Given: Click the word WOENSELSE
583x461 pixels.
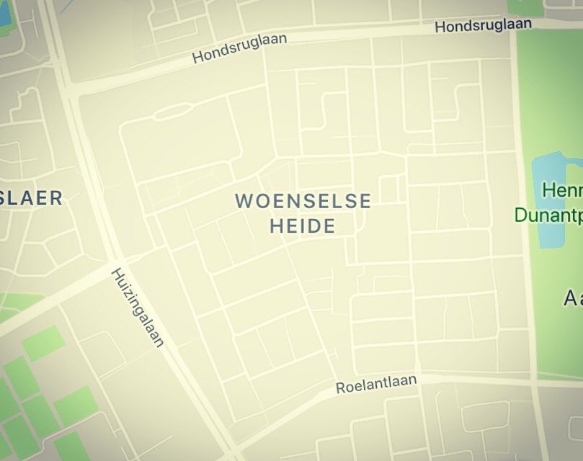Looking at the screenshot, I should (303, 201).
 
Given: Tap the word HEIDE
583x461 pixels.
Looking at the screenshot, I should (303, 226).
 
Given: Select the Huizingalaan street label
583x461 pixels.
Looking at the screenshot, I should (138, 308).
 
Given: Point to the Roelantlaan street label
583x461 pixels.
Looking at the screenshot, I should (376, 384).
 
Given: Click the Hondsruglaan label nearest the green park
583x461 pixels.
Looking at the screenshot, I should (483, 25).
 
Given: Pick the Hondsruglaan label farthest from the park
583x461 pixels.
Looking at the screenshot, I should (240, 48).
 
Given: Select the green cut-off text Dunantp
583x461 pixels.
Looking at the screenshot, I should (548, 215).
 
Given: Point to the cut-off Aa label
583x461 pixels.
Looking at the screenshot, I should (573, 297).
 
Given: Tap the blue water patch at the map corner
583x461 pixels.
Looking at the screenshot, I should (4, 14).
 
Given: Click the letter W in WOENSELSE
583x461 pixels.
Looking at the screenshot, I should (244, 201).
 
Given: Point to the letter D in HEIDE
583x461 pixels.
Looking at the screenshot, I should (311, 226).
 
